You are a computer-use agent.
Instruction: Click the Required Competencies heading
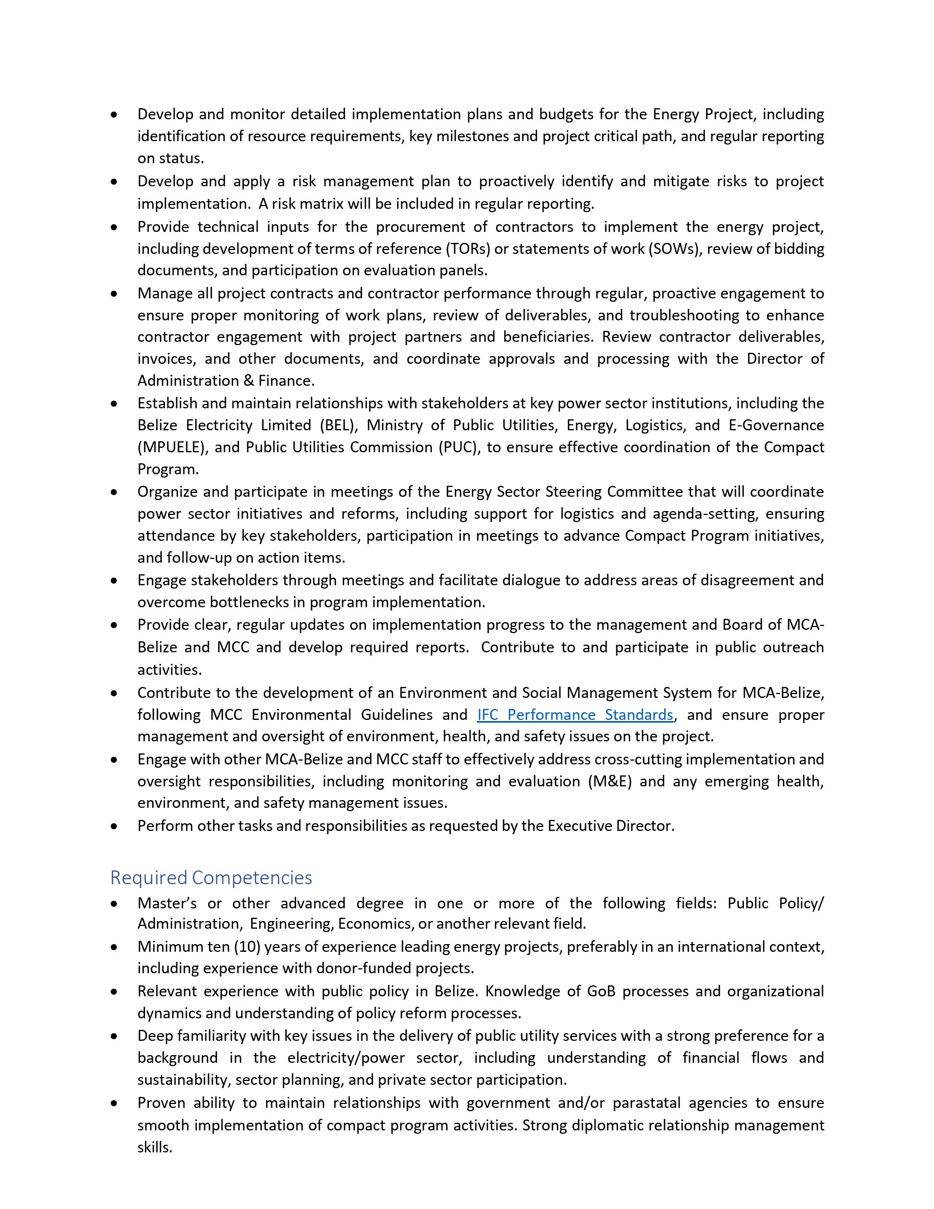pyautogui.click(x=211, y=878)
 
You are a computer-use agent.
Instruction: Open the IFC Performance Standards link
pyautogui.click(x=575, y=714)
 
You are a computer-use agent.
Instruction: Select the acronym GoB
pyautogui.click(x=601, y=991)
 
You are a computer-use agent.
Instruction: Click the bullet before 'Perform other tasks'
pyautogui.click(x=114, y=827)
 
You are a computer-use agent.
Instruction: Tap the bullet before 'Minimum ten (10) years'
pyautogui.click(x=114, y=947)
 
